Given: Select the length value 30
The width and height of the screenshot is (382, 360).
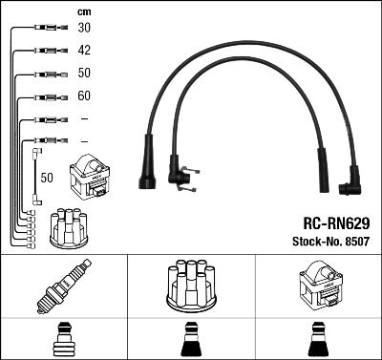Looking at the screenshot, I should (x=84, y=29).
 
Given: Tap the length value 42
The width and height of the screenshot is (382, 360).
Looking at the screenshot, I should (x=84, y=51).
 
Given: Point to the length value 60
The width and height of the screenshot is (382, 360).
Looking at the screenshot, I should (x=84, y=96).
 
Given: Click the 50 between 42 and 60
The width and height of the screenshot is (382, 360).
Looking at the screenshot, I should (x=84, y=74).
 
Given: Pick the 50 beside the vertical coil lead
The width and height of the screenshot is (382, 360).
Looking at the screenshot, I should (x=47, y=177).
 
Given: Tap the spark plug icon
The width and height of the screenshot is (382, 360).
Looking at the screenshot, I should (x=63, y=286).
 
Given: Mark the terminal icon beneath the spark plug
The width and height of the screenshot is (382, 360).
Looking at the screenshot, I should (x=63, y=341).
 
